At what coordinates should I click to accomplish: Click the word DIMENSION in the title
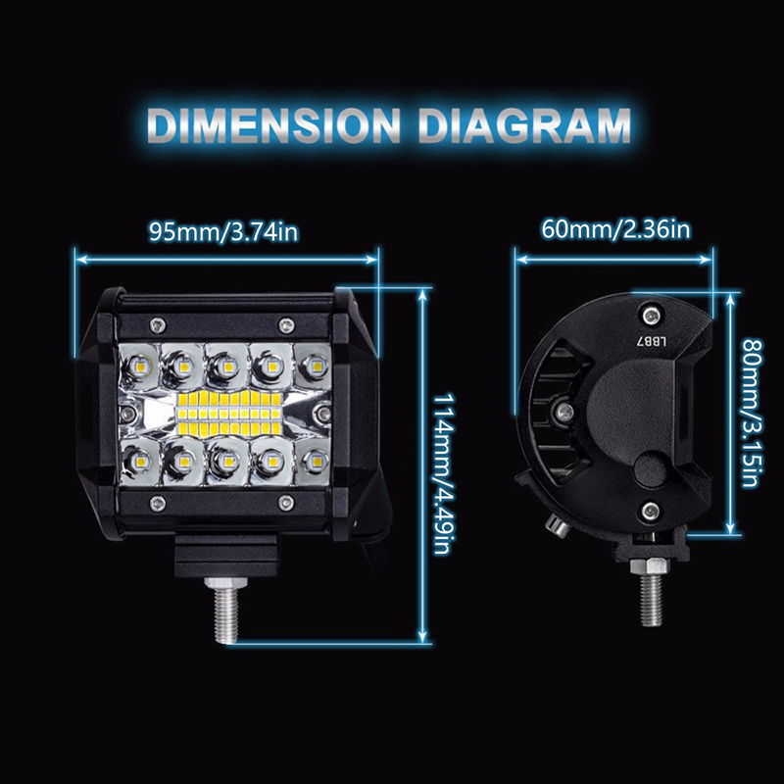274,125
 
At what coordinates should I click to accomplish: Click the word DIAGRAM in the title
524,125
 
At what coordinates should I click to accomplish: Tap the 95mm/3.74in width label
223,232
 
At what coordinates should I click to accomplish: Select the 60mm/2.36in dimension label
615,229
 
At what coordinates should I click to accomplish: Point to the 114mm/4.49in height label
444,473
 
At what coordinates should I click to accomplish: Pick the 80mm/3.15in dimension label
752,413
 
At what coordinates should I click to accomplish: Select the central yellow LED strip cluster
229,414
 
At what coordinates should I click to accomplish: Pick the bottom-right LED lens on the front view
314,459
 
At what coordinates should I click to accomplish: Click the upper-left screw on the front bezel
158,325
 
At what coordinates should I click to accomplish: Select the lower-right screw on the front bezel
286,502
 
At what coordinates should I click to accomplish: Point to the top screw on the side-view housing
650,316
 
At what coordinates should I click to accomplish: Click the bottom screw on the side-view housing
650,511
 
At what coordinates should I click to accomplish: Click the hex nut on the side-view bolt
650,566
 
